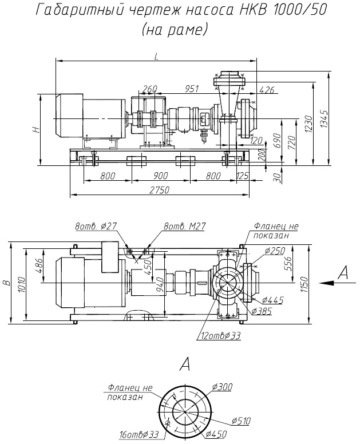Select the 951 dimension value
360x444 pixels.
[x=192, y=89]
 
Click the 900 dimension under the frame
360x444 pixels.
[x=160, y=175]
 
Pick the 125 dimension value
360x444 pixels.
[x=242, y=175]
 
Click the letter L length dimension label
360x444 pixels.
[x=156, y=56]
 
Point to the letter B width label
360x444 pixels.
[x=7, y=282]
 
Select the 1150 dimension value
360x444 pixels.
[x=304, y=282]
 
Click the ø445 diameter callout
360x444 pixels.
[x=272, y=300]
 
